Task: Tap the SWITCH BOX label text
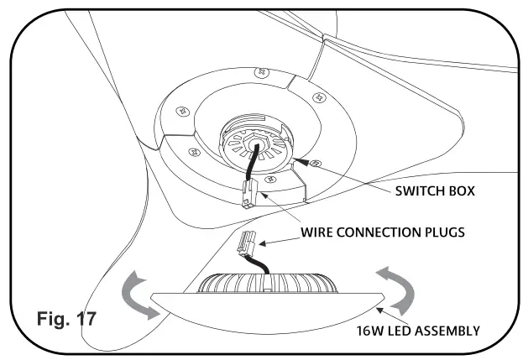pos(434,190)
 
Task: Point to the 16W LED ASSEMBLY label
pos(417,330)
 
